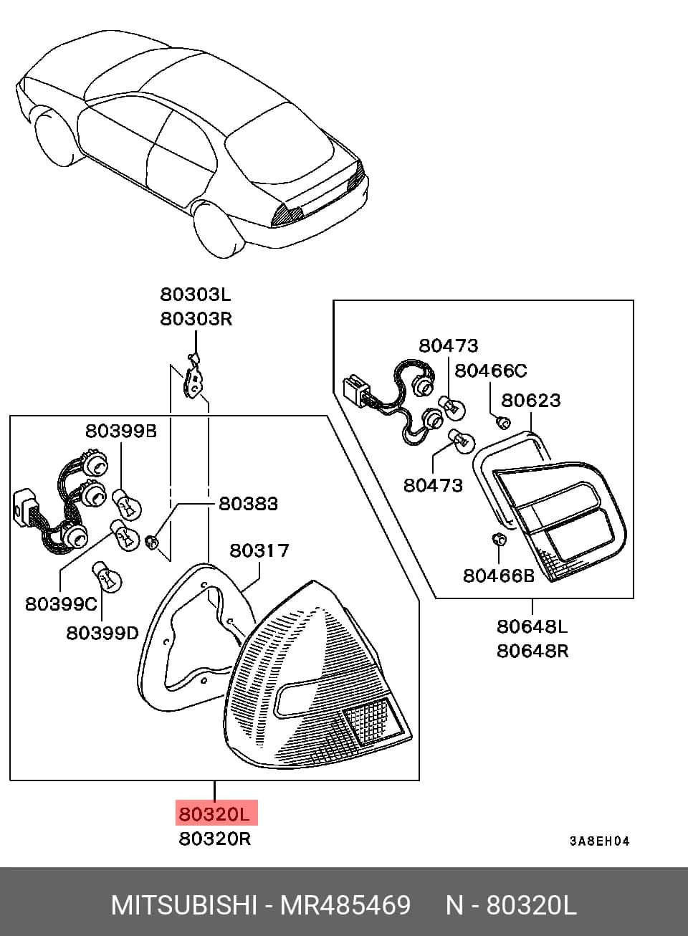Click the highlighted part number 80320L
click(x=214, y=814)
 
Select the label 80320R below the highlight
click(x=215, y=839)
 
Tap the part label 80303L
click(x=196, y=295)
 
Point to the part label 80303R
click(x=196, y=319)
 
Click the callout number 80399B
click(x=121, y=431)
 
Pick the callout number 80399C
click(x=61, y=603)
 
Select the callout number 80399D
click(x=102, y=634)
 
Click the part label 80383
click(x=248, y=504)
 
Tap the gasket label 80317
click(x=259, y=550)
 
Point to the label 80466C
click(x=491, y=371)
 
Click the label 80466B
click(x=499, y=576)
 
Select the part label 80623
click(x=530, y=401)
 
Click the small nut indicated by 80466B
click(x=500, y=539)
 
